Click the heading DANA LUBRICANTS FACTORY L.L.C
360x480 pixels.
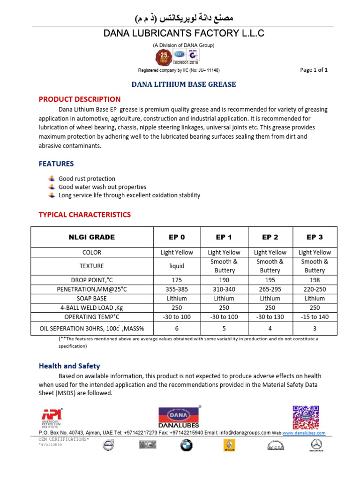[x=184, y=33]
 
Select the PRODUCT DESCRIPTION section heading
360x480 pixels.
[x=79, y=99]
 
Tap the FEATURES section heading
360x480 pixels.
[x=56, y=164]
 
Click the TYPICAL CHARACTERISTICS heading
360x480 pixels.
[x=84, y=215]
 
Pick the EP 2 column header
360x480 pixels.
[x=270, y=237]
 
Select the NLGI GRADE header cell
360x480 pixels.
[x=92, y=237]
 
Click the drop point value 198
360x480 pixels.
[x=315, y=280]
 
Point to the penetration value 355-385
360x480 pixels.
[x=177, y=289]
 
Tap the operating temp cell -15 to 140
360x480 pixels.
[x=315, y=317]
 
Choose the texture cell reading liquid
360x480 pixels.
[x=177, y=266]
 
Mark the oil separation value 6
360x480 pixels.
[x=177, y=329]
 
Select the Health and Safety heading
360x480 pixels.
[x=69, y=366]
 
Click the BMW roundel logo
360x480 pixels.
[x=187, y=445]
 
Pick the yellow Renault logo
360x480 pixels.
[x=229, y=445]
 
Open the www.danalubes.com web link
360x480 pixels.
[x=304, y=433]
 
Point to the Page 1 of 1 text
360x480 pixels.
[x=314, y=70]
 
